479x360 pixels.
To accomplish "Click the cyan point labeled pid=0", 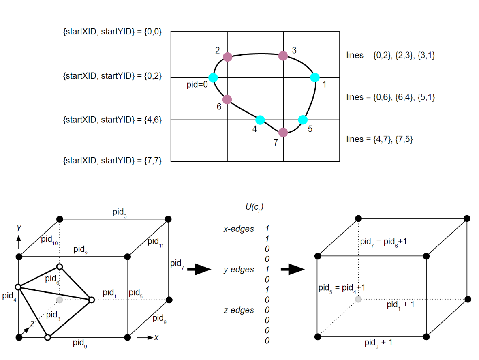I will (x=213, y=77).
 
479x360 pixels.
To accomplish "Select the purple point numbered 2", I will (x=227, y=57).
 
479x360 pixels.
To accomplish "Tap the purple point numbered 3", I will (x=283, y=56).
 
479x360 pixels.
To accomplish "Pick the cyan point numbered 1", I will (x=315, y=77).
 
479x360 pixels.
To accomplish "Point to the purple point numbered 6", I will (x=227, y=99).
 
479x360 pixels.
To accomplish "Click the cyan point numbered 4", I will (x=260, y=120).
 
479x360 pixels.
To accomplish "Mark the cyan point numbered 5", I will (x=303, y=120).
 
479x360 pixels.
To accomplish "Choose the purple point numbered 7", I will (x=283, y=132).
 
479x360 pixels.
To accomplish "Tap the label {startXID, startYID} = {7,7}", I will (x=112, y=161).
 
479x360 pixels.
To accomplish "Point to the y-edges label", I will (x=239, y=270).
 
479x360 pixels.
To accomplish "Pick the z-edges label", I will (x=239, y=310).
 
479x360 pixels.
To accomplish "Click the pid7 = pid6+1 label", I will (x=383, y=242).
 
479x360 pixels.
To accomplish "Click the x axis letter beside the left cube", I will (x=156, y=337).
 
